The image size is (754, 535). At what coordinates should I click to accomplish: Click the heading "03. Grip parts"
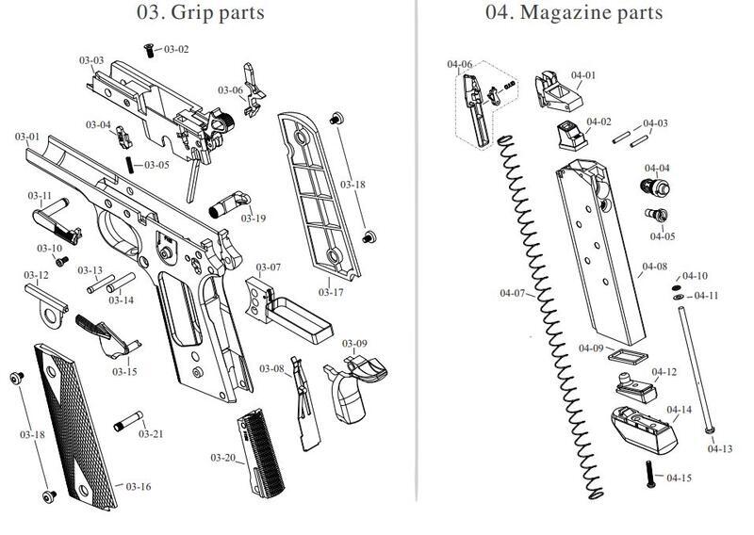pos(200,13)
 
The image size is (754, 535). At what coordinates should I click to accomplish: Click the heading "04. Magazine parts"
pos(573,13)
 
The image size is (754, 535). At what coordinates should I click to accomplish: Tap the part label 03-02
pos(176,49)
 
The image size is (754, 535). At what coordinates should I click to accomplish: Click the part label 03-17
pos(330,292)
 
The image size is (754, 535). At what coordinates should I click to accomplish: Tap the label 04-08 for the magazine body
pos(654,267)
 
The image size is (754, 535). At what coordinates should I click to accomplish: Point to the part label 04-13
pos(719,448)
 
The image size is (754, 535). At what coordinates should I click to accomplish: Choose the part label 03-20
pos(222,458)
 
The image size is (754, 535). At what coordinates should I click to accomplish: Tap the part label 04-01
pos(583,75)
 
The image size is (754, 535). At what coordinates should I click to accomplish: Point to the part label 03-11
pos(40,195)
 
